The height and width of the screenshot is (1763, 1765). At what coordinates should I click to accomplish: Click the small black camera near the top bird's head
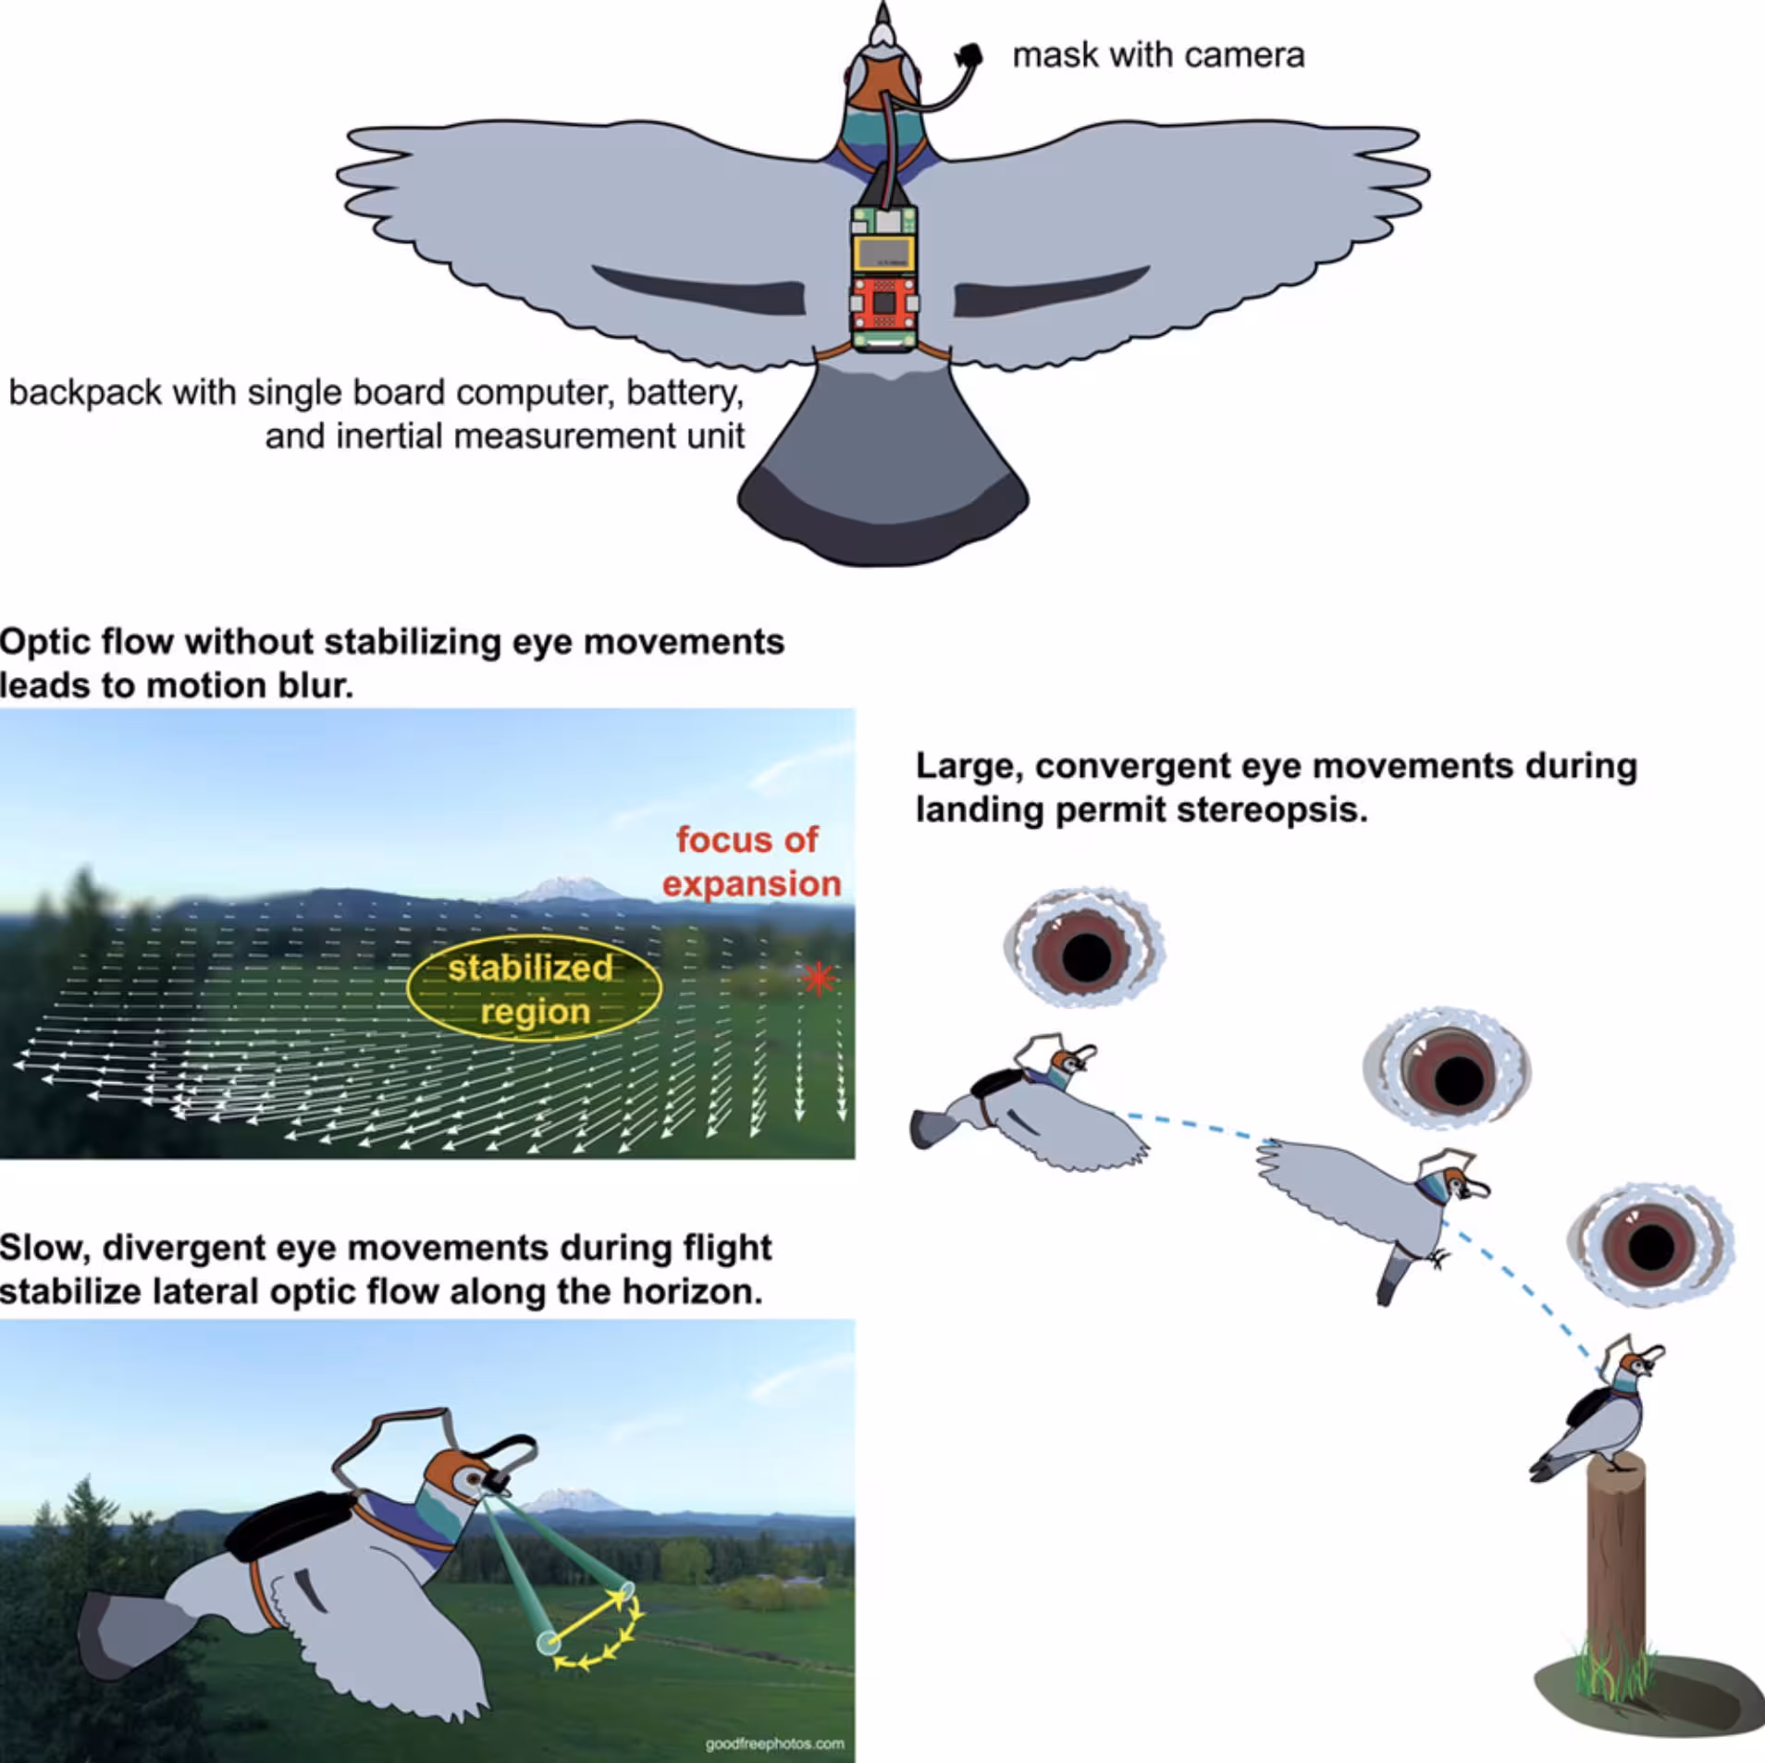969,54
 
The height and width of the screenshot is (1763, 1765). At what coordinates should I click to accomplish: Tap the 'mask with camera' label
1158,55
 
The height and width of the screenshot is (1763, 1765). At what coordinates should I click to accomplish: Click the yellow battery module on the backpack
884,253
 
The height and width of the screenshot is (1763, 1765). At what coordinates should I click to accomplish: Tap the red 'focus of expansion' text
751,861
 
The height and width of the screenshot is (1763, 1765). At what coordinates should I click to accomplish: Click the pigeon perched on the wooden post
1588,1415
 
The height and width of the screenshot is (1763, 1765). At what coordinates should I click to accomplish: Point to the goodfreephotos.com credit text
774,1744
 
